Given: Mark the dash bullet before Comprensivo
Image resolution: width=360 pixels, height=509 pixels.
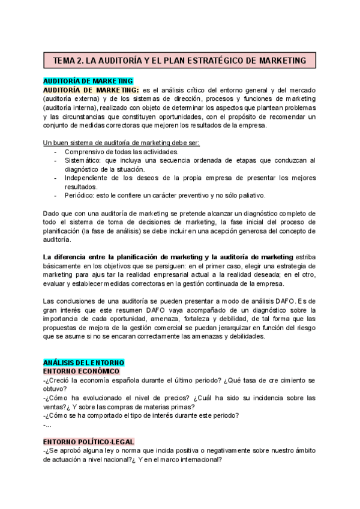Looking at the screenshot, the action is [56, 152].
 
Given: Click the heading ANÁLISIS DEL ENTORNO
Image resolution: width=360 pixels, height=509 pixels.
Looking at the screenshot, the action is [83, 363].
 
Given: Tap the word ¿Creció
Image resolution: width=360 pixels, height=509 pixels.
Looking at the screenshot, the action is [58, 381].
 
